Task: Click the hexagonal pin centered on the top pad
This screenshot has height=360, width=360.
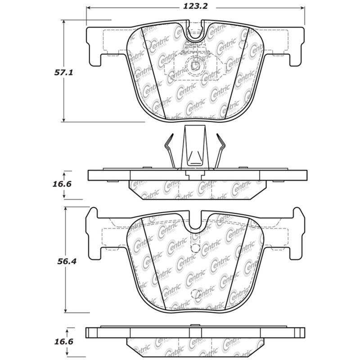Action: click(196, 66)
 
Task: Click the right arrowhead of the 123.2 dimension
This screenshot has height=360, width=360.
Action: click(302, 8)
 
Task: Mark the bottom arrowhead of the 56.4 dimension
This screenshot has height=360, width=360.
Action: click(66, 310)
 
